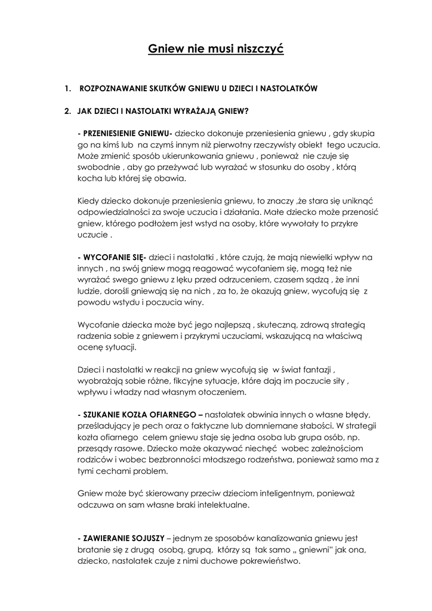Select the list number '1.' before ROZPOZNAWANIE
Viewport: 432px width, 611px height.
point(67,88)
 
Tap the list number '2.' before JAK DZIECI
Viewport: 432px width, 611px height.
point(67,110)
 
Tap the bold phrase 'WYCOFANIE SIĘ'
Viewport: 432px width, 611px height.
point(113,257)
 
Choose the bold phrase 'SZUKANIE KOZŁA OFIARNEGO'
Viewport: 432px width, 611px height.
point(138,414)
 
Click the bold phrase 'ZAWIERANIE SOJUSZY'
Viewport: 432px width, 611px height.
point(122,538)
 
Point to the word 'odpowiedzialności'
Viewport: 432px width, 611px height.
point(111,212)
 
